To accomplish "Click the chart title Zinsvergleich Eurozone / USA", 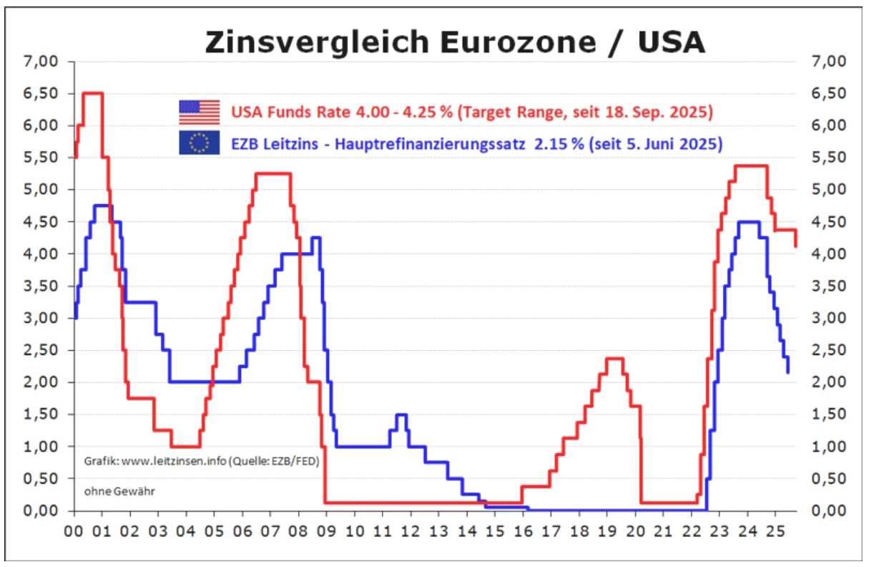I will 455,43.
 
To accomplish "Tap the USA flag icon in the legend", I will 199,113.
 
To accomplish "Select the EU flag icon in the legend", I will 199,143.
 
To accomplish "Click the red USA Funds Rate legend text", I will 471,113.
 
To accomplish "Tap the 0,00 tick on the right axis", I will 829,510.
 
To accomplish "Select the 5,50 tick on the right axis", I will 829,157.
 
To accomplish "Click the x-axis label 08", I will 298,533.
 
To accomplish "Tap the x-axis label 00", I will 74,533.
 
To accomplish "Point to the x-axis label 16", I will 523,533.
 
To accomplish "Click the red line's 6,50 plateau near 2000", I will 93,93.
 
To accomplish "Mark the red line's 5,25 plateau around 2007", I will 273,173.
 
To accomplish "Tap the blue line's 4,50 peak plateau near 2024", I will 748,222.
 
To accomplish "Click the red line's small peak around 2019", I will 614,358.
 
